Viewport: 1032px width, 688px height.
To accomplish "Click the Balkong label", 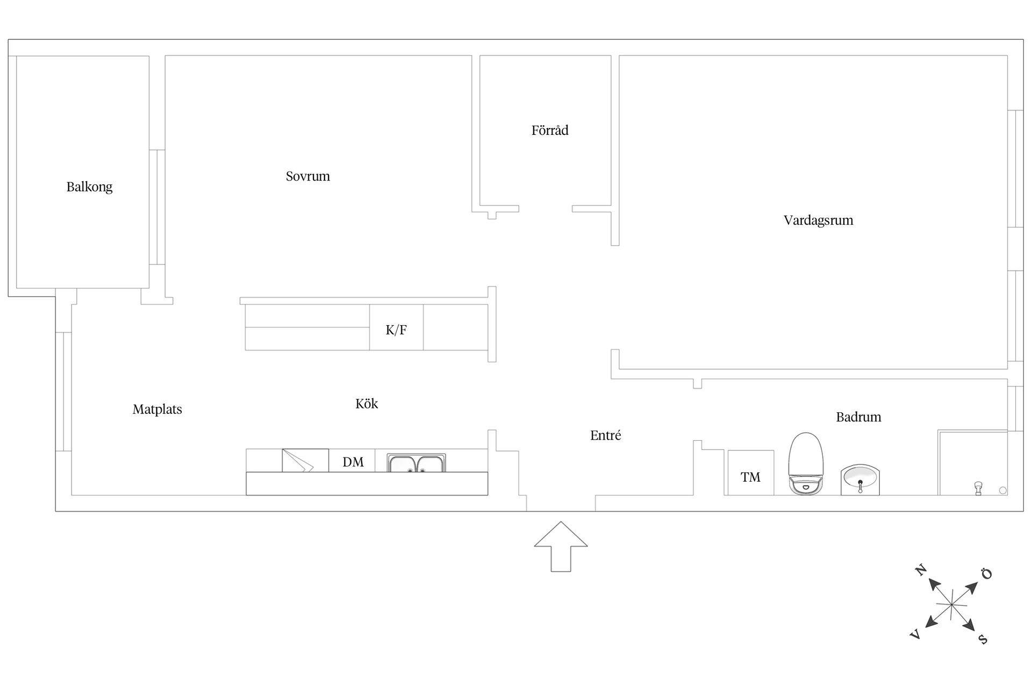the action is (x=89, y=187).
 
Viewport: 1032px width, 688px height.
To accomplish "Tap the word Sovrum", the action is (x=307, y=176).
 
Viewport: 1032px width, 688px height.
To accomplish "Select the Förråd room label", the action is (x=550, y=130).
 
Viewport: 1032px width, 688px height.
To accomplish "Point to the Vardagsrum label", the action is (x=818, y=220).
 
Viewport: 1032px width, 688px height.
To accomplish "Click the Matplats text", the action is (x=157, y=410).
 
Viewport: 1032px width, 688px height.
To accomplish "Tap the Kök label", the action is (x=367, y=403).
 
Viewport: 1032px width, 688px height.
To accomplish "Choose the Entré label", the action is (x=605, y=435).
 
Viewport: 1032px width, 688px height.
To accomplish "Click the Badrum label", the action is (x=858, y=417).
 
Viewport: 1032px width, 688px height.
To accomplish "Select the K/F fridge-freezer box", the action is (x=396, y=327).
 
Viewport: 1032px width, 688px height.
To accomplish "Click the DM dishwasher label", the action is (x=353, y=462).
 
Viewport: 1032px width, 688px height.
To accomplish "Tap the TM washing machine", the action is (x=750, y=472).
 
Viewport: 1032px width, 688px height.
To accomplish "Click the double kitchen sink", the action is (x=416, y=463).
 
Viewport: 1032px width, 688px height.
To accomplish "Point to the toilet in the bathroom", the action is (x=806, y=463).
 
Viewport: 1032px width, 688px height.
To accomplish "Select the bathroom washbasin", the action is (x=860, y=479).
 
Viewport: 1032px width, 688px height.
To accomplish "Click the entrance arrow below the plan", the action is (x=561, y=546).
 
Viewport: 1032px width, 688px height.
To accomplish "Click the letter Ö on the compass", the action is (x=987, y=574).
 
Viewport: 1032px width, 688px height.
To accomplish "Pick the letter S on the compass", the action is (x=983, y=639).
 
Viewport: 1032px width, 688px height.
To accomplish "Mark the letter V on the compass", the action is (x=915, y=635).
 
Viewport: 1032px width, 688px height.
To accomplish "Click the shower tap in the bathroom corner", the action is (x=978, y=488).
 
